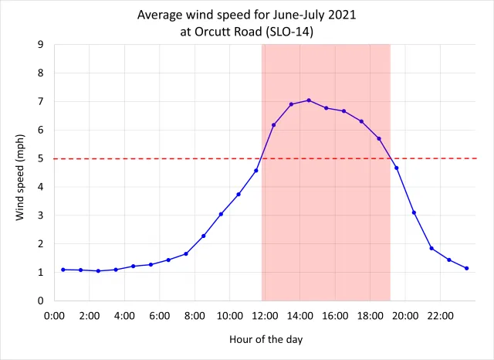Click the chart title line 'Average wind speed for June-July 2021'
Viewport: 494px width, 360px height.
tap(247, 15)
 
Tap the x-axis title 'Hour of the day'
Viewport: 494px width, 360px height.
tap(266, 339)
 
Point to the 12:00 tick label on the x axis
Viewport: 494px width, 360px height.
tap(266, 315)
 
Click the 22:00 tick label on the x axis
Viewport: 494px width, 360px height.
tap(441, 315)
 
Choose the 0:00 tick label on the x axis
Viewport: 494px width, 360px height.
tap(54, 315)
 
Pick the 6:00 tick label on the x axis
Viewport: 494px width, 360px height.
tap(160, 315)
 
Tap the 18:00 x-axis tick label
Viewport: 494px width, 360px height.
tap(370, 315)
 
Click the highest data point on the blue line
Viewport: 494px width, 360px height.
tap(309, 100)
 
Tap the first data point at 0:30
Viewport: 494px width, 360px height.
tap(63, 270)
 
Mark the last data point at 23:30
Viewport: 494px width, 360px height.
tap(467, 268)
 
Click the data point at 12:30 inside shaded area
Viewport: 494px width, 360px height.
tap(274, 125)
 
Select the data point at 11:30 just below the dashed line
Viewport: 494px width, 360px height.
tap(256, 170)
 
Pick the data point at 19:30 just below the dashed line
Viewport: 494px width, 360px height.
tap(397, 168)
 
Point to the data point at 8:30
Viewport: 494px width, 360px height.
tap(204, 236)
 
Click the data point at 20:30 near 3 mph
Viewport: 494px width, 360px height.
tap(414, 212)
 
